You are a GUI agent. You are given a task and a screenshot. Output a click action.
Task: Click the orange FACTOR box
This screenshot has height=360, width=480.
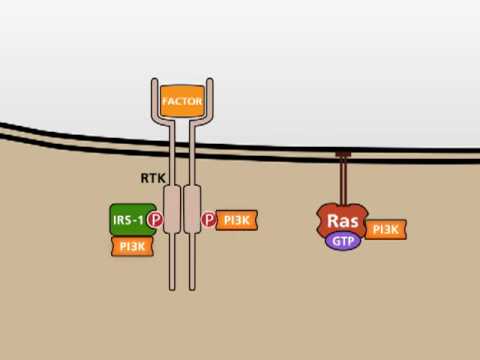click(181, 102)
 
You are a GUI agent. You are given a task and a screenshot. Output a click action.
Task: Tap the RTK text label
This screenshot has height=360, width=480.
click(152, 179)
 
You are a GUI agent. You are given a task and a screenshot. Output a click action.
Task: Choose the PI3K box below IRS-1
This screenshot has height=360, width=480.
click(132, 245)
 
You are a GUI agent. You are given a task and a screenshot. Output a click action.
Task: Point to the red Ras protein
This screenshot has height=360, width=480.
click(342, 219)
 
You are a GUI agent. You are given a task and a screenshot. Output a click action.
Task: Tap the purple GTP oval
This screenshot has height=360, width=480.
click(342, 241)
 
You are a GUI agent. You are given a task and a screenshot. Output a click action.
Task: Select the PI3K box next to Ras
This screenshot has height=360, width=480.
click(385, 230)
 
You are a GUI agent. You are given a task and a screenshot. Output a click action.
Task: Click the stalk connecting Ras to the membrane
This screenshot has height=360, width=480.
click(342, 180)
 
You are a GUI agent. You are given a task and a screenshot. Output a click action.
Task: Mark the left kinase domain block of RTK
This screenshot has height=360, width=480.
click(171, 206)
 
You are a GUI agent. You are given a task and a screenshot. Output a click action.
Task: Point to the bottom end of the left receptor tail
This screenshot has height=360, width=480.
click(171, 286)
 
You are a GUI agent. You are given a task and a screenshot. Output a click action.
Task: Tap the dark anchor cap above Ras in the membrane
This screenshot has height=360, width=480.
click(342, 154)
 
